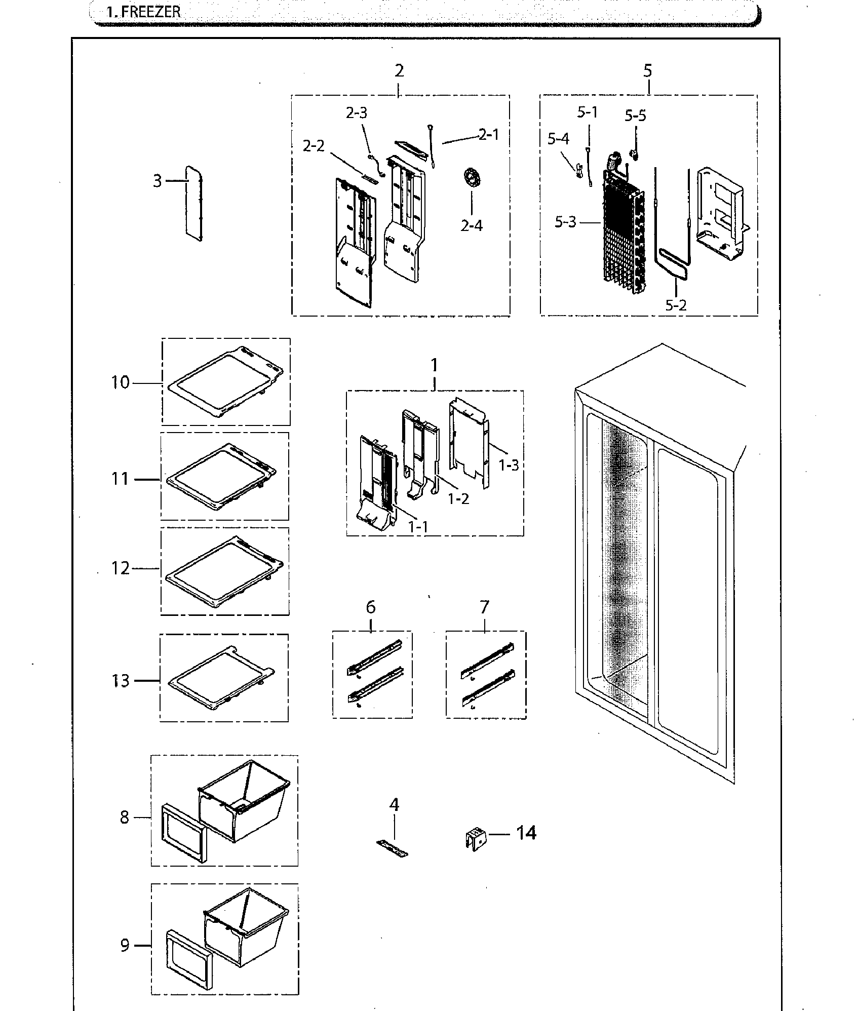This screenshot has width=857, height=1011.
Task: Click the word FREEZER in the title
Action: click(150, 12)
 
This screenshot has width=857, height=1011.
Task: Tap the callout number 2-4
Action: click(471, 225)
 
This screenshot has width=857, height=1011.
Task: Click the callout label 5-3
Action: click(565, 222)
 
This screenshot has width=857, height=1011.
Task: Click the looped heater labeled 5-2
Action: click(671, 263)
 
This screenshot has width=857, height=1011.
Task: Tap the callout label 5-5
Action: click(635, 116)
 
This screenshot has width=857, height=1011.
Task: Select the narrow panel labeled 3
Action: click(193, 203)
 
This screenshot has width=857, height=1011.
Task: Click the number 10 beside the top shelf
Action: click(121, 383)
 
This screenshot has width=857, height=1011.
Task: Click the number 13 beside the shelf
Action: click(121, 681)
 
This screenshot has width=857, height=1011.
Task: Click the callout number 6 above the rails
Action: click(371, 607)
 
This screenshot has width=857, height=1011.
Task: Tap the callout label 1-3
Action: click(509, 465)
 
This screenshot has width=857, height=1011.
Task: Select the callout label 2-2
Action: click(314, 146)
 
